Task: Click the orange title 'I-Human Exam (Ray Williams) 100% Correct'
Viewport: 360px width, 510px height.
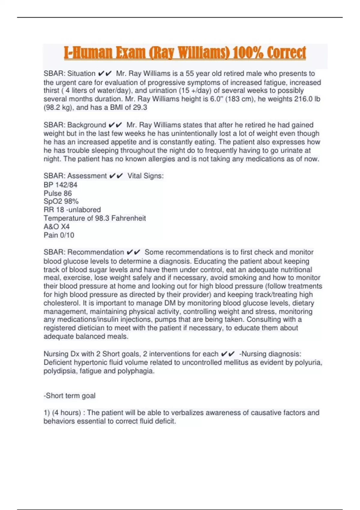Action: [x=185, y=53]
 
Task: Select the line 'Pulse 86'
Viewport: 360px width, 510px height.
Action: [x=58, y=193]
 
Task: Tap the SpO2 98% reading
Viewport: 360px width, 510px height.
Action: [x=61, y=201]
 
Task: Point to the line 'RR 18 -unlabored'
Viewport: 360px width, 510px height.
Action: [x=72, y=210]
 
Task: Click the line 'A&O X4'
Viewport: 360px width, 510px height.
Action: [x=56, y=226]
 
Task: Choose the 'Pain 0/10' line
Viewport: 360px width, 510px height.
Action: [x=59, y=235]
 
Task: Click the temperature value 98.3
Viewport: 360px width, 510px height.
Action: [x=102, y=218]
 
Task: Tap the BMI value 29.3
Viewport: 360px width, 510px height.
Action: [x=140, y=107]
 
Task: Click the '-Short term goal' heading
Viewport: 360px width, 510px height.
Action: [x=69, y=396]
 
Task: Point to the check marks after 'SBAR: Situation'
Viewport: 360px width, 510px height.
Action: [x=105, y=73]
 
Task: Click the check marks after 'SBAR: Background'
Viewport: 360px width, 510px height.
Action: [x=115, y=125]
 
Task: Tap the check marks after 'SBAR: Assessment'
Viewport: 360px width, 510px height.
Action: [x=116, y=176]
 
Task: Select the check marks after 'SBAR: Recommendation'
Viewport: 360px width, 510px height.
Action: [x=133, y=252]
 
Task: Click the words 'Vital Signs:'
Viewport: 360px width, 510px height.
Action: [x=145, y=176]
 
